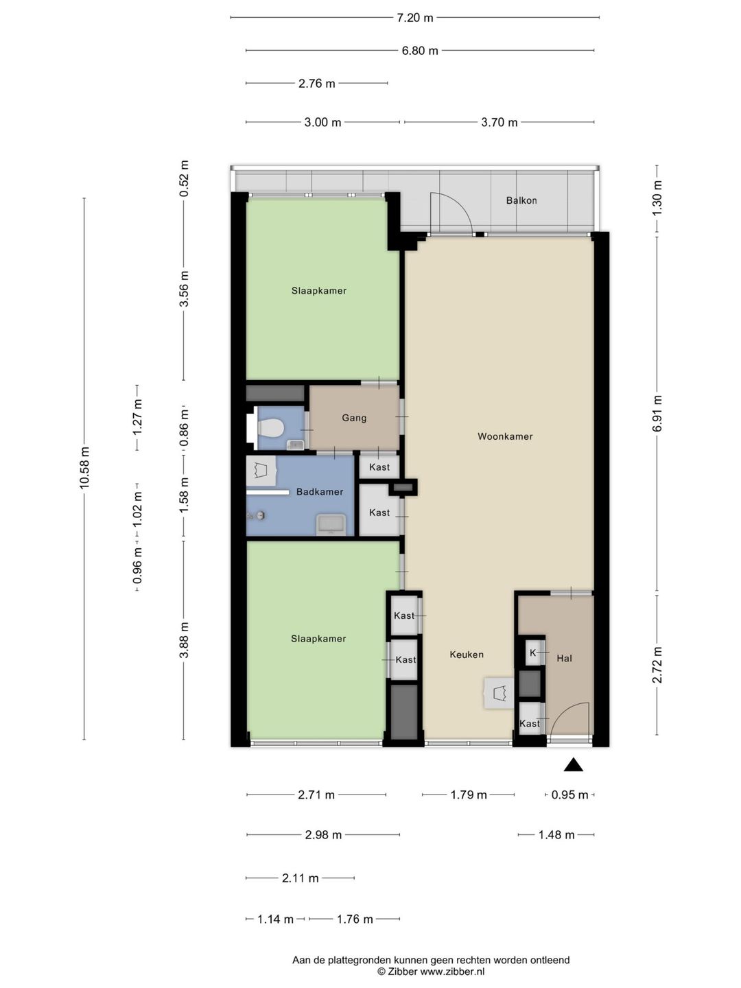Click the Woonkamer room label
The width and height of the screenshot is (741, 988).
[505, 436]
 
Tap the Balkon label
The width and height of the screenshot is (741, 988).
[521, 200]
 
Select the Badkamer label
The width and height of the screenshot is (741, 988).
[320, 492]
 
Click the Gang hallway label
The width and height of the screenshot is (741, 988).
[354, 418]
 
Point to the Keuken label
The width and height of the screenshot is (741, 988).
[467, 655]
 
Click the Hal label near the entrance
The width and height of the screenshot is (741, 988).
[564, 659]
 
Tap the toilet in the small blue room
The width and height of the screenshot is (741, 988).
[269, 427]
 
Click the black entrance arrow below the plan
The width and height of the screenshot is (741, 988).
[573, 765]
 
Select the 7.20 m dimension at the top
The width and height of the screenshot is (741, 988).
[415, 18]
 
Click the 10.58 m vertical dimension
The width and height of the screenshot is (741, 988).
[84, 468]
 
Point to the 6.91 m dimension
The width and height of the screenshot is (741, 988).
[657, 413]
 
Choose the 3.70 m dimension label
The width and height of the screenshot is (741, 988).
[499, 122]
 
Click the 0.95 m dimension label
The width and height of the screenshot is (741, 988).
[569, 795]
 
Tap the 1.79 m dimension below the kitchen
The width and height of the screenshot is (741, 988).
[469, 795]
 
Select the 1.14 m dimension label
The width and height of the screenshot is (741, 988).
[275, 919]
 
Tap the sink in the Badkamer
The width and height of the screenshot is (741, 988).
[331, 526]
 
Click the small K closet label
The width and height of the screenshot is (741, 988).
[532, 652]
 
